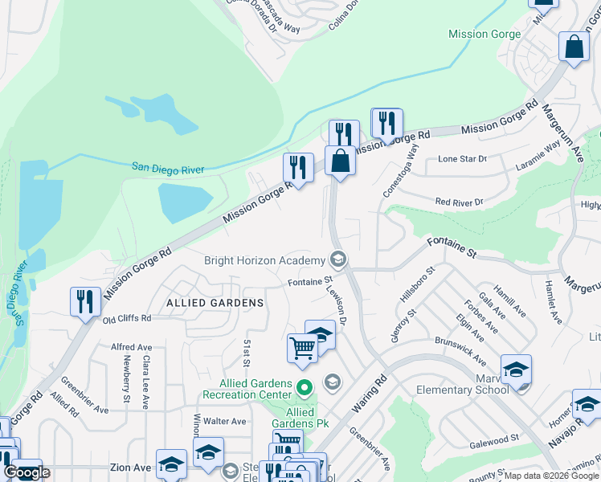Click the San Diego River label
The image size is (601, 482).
pyautogui.click(x=168, y=169)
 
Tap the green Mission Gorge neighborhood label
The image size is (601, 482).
pyautogui.click(x=484, y=35)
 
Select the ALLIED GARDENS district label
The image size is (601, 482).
pyautogui.click(x=215, y=303)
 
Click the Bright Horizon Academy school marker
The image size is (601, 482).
pyautogui.click(x=338, y=259)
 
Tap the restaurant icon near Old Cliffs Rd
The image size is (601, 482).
pyautogui.click(x=84, y=302)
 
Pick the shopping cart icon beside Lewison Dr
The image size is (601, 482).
pyautogui.click(x=302, y=349)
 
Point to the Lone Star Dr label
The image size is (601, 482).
pyautogui.click(x=462, y=159)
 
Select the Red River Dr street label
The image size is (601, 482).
pyautogui.click(x=459, y=202)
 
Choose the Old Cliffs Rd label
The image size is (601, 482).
pyautogui.click(x=127, y=318)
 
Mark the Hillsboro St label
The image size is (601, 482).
pyautogui.click(x=416, y=284)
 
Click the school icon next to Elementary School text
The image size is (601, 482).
pyautogui.click(x=516, y=370)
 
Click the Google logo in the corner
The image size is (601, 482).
pyautogui.click(x=27, y=472)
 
